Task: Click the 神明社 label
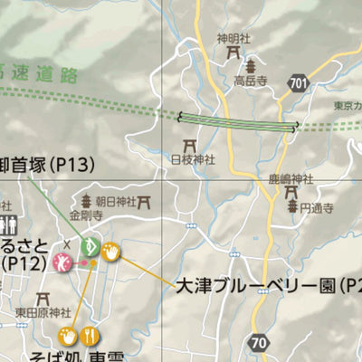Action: pyautogui.click(x=232, y=38)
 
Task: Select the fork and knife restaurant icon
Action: pyautogui.click(x=89, y=336)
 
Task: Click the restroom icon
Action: pyautogui.click(x=10, y=225)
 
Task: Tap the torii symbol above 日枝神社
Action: pyautogui.click(x=190, y=145)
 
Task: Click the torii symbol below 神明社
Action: pyautogui.click(x=233, y=52)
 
